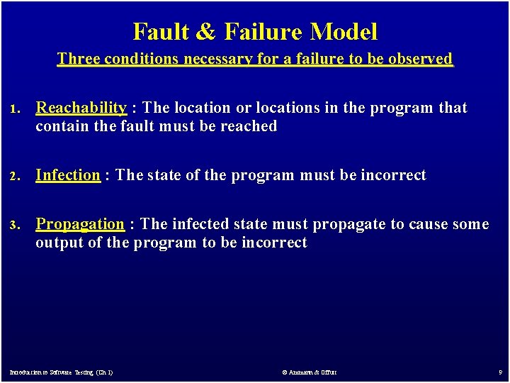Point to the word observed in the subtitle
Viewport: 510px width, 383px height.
tap(420, 59)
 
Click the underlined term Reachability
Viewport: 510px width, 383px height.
tap(81, 108)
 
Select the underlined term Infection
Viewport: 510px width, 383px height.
tap(68, 175)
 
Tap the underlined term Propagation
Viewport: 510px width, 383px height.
tap(80, 224)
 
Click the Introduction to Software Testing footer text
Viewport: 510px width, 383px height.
tap(61, 372)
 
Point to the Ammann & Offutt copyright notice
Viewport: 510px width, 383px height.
tap(310, 372)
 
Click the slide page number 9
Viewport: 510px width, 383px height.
tap(499, 372)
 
